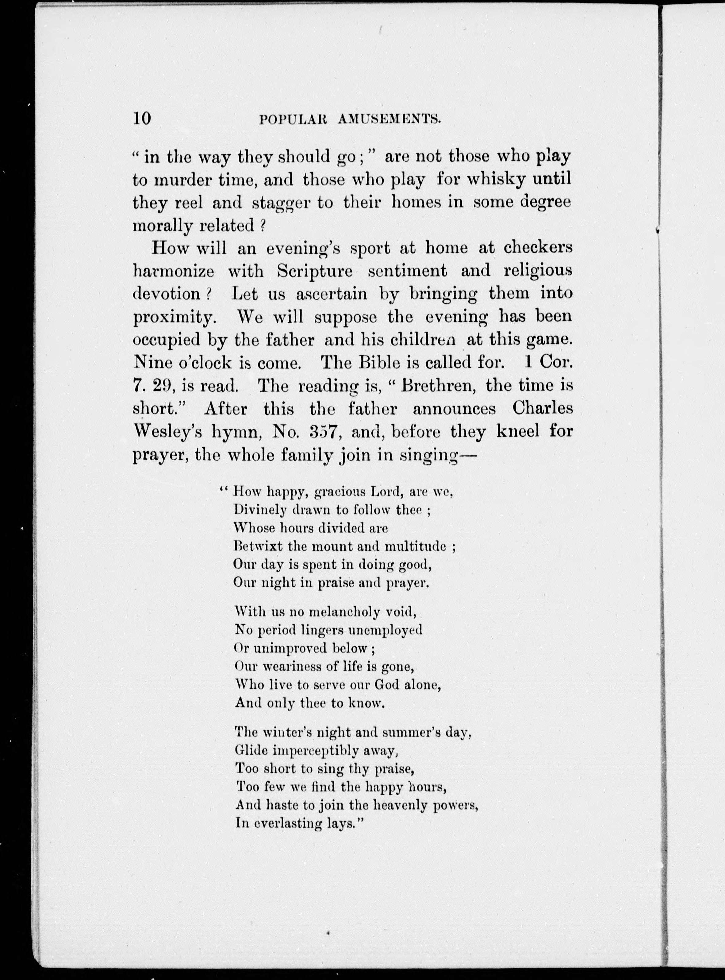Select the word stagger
(x=287, y=203)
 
